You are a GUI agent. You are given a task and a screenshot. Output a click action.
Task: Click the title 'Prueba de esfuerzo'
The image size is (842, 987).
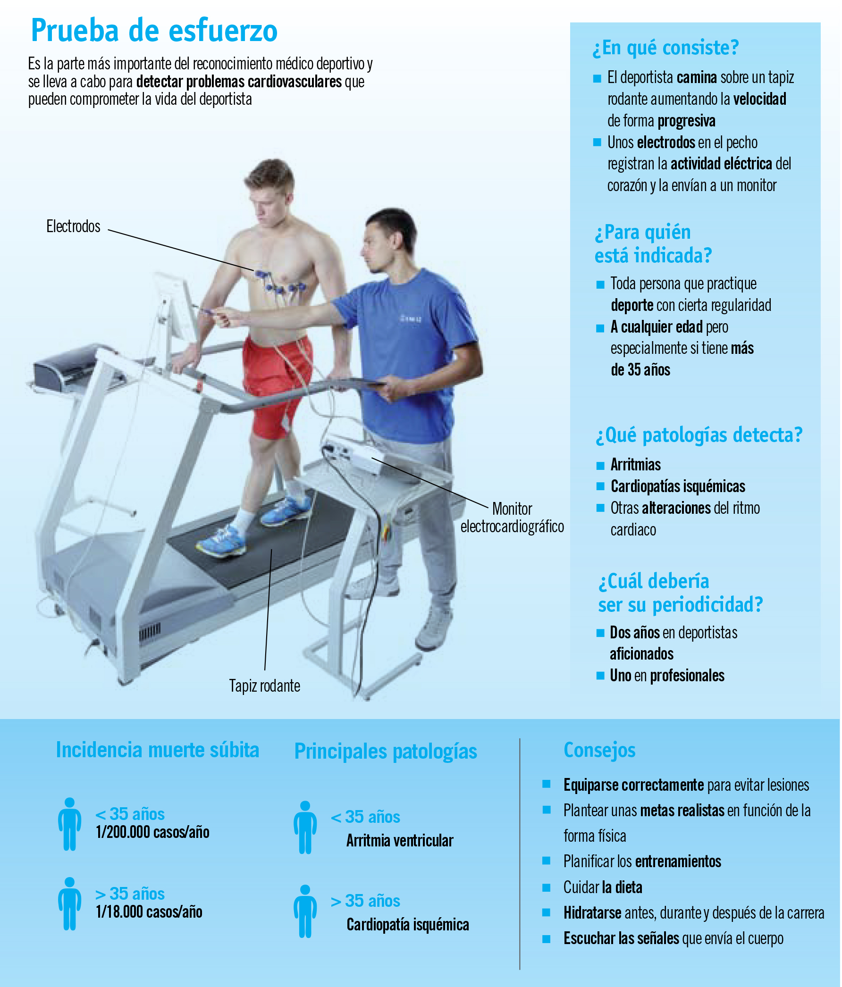[154, 31]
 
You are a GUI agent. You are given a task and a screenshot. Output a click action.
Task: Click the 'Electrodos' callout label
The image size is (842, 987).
[73, 226]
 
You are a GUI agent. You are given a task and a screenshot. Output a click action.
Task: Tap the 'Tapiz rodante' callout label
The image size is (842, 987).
[264, 686]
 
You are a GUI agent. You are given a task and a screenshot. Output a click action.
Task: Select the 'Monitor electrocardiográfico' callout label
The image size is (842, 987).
[512, 517]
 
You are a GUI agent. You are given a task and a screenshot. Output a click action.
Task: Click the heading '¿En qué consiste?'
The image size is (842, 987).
[665, 48]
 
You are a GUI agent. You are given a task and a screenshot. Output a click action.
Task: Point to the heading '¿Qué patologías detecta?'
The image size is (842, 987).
[699, 435]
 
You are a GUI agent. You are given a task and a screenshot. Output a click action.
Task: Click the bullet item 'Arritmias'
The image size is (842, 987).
[636, 464]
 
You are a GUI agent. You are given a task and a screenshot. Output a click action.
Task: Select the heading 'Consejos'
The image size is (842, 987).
[599, 750]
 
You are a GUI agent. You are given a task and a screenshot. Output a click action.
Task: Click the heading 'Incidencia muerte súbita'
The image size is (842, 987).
[158, 750]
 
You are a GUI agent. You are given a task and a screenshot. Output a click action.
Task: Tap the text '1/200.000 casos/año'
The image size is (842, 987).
[152, 832]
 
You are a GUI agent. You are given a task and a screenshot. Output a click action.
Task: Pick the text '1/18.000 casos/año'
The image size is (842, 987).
[149, 912]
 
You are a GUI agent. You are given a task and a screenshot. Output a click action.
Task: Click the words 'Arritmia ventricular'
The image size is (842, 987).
[400, 841]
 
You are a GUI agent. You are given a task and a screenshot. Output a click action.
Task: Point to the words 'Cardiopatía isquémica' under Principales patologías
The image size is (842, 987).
[408, 925]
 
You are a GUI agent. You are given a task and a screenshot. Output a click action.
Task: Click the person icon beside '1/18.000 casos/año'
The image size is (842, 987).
[69, 904]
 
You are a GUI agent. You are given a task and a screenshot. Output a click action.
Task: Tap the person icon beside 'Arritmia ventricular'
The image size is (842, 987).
[305, 828]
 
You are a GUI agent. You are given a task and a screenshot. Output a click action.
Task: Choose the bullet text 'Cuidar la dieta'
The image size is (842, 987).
[603, 887]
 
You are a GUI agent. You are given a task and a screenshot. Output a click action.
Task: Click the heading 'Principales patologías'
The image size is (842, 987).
[386, 751]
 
